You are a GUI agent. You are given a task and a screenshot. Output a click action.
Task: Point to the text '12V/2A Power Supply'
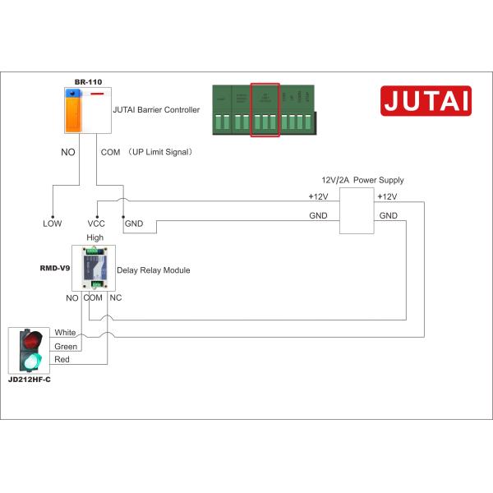pos(362,180)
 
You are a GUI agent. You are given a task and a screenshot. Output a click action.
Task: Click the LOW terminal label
pos(52,223)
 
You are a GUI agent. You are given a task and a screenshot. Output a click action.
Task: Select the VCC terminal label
pos(96,223)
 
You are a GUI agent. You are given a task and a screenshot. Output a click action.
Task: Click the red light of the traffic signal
pos(32,339)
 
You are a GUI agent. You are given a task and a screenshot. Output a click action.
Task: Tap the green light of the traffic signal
pos(32,360)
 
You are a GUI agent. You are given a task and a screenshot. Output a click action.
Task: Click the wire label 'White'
pos(65,333)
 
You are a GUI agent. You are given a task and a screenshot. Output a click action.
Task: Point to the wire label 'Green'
pos(66,346)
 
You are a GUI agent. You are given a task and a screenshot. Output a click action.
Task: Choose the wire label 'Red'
pos(62,359)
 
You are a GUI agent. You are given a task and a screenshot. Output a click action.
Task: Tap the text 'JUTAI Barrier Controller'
pos(155,109)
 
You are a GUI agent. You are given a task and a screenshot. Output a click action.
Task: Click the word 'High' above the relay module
pos(94,237)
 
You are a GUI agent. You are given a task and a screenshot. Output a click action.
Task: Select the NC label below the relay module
pos(115,297)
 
